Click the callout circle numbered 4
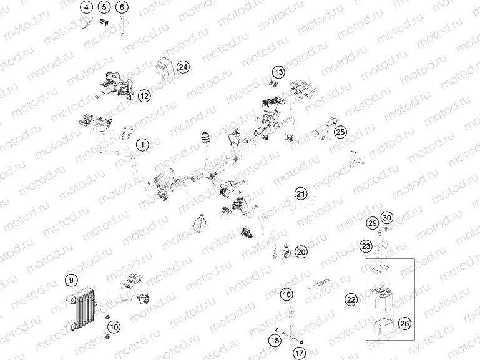click(86, 7)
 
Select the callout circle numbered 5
click(104, 7)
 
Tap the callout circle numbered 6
click(121, 7)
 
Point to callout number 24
click(182, 67)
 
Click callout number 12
click(144, 95)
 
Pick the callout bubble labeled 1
click(143, 145)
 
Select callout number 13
click(278, 72)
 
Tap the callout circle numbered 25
click(340, 132)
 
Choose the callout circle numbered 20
click(301, 252)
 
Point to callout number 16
click(286, 294)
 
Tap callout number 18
click(275, 340)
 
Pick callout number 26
click(404, 323)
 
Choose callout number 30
click(387, 218)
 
